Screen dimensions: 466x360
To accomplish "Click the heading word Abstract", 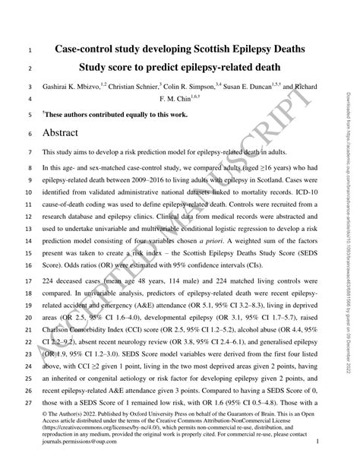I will tap(67, 132).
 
